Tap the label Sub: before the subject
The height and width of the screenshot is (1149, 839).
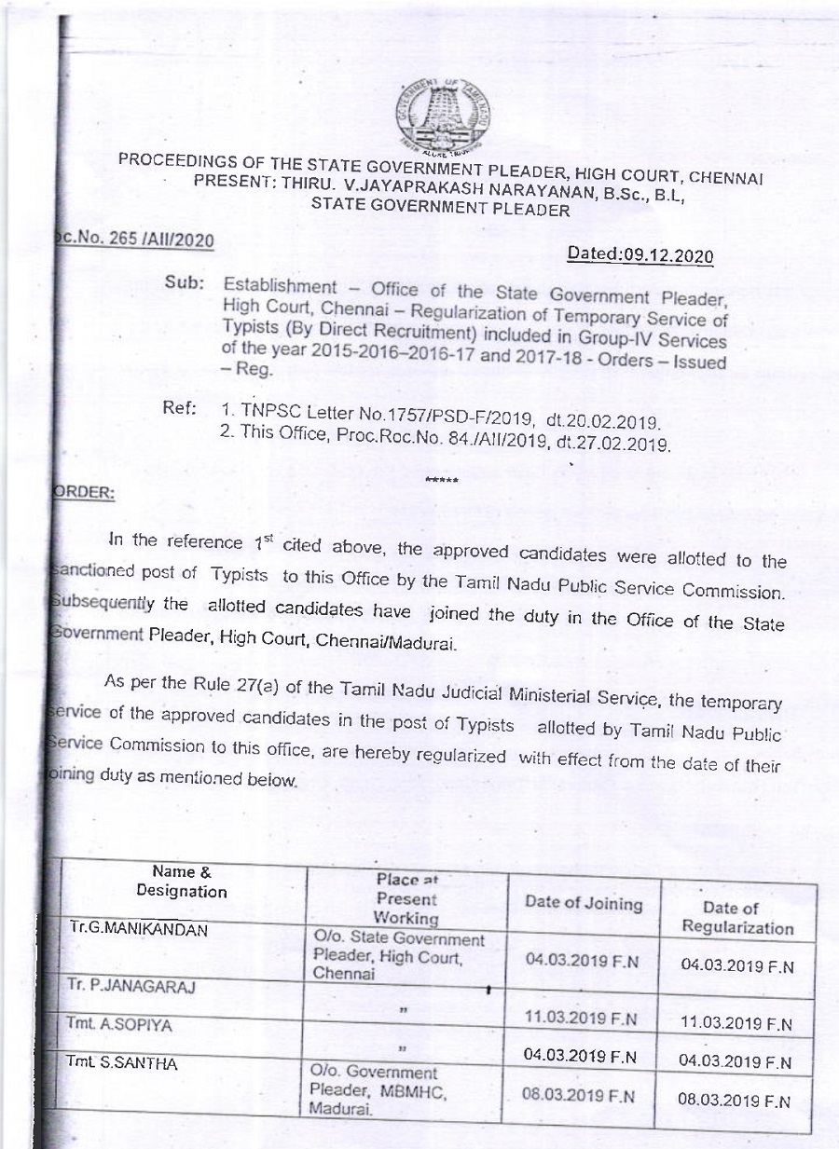pyautogui.click(x=184, y=282)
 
